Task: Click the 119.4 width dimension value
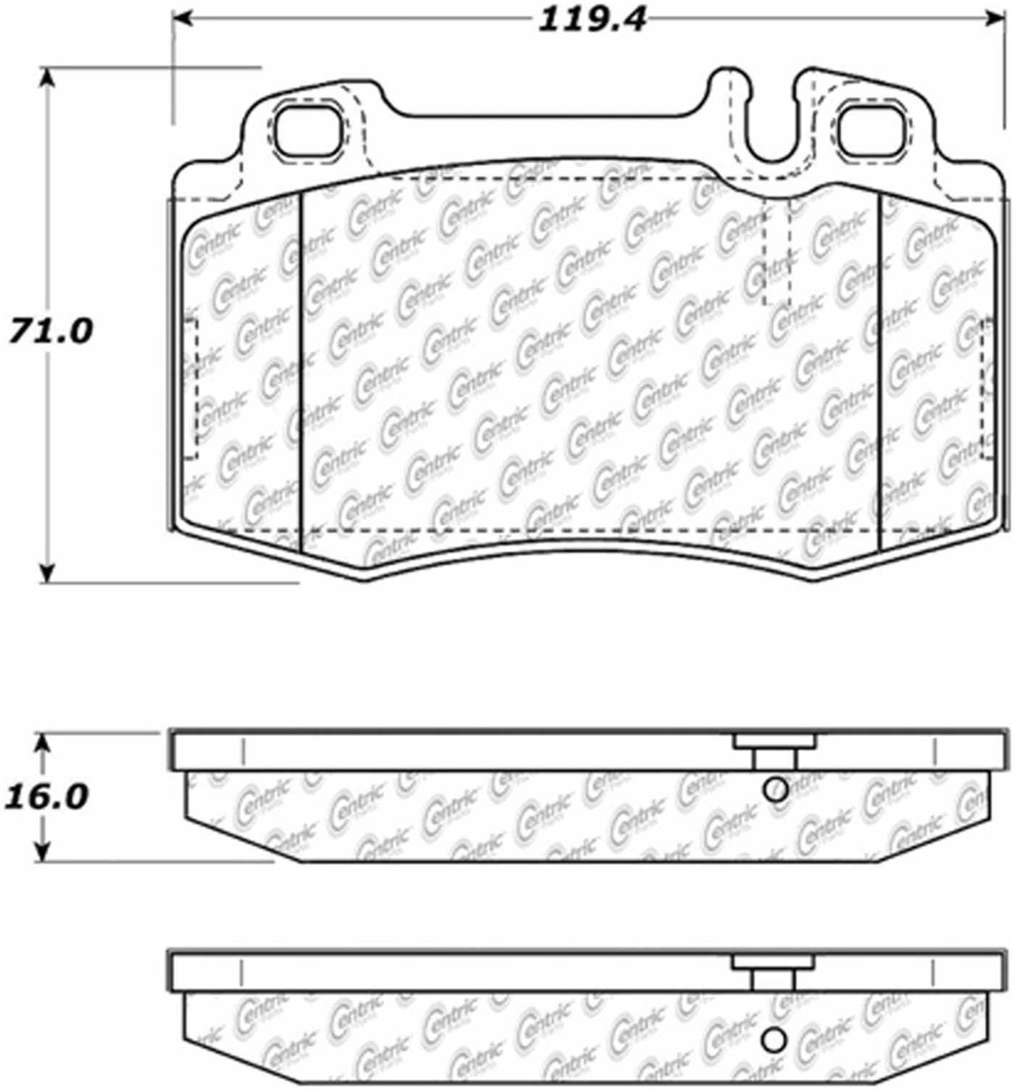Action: [x=591, y=20]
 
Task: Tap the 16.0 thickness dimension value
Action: [x=46, y=797]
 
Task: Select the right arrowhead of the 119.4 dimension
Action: [x=995, y=17]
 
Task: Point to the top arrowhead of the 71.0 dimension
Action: [x=47, y=77]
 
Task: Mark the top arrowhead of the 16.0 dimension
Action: [x=44, y=742]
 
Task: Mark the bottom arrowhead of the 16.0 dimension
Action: [x=44, y=852]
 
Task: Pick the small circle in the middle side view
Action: [x=775, y=789]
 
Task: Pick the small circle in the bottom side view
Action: [x=774, y=1040]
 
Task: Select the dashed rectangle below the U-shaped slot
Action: [x=777, y=253]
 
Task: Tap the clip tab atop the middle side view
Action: [x=774, y=742]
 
